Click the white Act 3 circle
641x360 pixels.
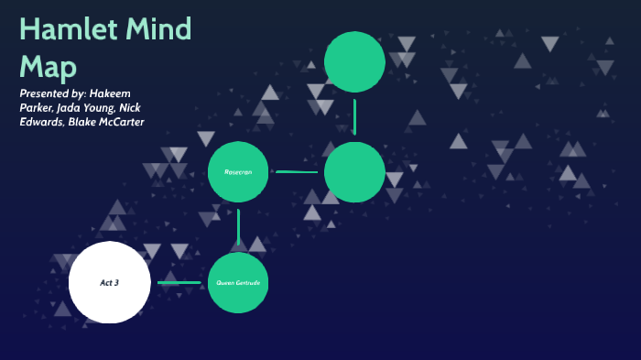click(x=110, y=282)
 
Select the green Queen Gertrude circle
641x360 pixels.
click(x=238, y=283)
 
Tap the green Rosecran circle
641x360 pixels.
click(x=238, y=171)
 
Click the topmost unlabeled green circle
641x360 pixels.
click(x=354, y=61)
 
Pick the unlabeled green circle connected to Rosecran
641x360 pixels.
click(x=354, y=172)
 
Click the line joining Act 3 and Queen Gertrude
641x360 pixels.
click(x=179, y=282)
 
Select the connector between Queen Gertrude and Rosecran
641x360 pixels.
click(x=238, y=227)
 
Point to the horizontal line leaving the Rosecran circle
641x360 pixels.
click(x=297, y=171)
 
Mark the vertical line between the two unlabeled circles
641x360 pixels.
click(x=354, y=117)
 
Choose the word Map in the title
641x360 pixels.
click(x=48, y=66)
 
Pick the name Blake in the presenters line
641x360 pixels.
click(x=82, y=123)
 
